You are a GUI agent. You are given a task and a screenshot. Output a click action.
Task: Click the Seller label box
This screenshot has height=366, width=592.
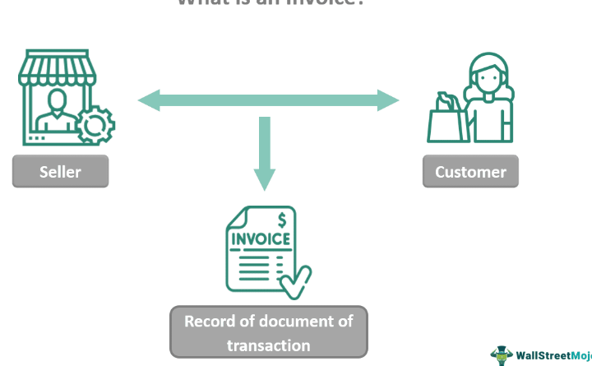[x=60, y=172]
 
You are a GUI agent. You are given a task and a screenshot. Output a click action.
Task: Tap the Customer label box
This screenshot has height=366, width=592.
[x=470, y=172]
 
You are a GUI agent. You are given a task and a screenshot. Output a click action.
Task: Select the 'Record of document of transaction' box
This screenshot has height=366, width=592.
[x=269, y=332]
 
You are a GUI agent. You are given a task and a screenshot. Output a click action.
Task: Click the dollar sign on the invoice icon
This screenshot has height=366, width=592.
[x=282, y=220]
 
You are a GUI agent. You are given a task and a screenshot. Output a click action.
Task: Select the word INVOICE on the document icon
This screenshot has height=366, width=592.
[x=261, y=239]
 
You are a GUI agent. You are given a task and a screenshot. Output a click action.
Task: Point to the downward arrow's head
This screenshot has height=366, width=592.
[x=264, y=178]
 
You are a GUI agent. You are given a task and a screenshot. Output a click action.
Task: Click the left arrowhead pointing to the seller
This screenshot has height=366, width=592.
[x=149, y=101]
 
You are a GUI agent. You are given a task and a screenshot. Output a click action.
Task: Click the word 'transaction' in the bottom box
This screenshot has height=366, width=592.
[x=269, y=345]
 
